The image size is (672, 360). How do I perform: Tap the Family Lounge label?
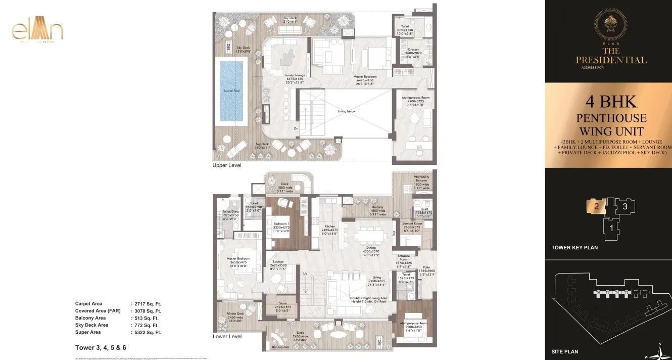click(294, 75)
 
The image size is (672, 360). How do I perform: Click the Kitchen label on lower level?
click(329, 226)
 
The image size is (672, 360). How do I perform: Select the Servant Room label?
click(412, 223)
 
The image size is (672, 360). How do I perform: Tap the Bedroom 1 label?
click(281, 223)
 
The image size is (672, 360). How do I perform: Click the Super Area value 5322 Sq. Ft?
click(147, 332)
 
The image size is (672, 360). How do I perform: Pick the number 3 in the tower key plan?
click(625, 206)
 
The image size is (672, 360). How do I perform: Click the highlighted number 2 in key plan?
click(596, 206)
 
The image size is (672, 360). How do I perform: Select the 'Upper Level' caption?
click(227, 165)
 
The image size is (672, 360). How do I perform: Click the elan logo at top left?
click(37, 31)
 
